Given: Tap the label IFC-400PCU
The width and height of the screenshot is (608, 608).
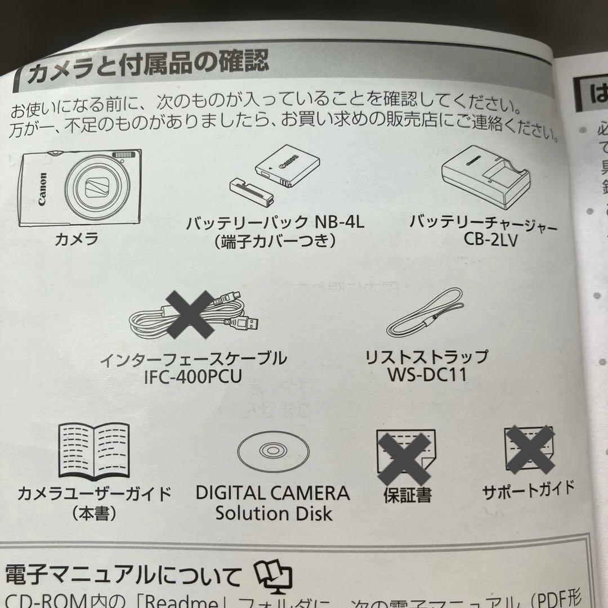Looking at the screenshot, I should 193,376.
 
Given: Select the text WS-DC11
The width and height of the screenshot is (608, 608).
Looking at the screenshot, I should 426,374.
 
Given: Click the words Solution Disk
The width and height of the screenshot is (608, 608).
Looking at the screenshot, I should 274,513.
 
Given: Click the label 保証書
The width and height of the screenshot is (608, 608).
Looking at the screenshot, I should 407,495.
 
